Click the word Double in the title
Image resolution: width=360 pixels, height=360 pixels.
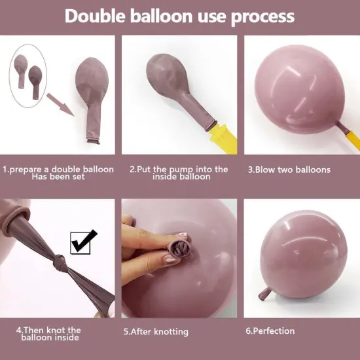coord(95,16)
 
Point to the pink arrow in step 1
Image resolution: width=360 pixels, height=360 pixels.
coord(60,105)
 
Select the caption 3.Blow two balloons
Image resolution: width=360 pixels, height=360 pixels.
coord(289,170)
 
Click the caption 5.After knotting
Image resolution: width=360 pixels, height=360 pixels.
coord(156,332)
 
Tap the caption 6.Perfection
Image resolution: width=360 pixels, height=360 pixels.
coord(270,331)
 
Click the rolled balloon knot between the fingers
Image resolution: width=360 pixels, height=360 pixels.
coord(179,249)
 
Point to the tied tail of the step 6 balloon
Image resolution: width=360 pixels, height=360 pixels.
coord(265,293)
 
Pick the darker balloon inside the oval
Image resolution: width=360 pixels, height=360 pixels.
coord(35,82)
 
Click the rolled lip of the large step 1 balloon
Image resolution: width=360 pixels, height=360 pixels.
coord(93,141)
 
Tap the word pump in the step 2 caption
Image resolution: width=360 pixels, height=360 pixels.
coord(181,170)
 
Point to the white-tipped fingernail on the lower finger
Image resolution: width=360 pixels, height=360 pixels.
coord(170,259)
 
